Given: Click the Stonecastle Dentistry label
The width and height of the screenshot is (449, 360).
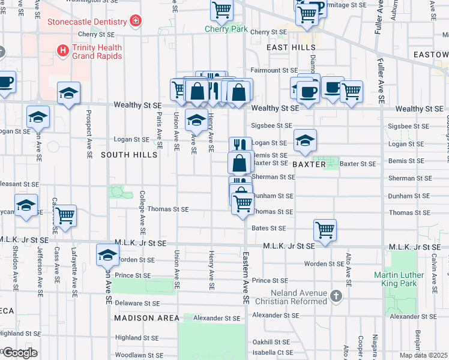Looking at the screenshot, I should click(88, 22).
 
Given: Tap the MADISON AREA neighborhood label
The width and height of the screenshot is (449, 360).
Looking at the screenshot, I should click(146, 317).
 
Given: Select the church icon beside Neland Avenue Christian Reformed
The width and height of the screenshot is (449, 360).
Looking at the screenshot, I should click(336, 296).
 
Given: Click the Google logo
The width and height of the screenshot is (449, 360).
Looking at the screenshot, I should click(20, 353).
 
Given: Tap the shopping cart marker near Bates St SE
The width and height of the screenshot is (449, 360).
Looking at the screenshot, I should click(325, 229).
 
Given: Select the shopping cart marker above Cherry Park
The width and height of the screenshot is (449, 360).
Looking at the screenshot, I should click(221, 10).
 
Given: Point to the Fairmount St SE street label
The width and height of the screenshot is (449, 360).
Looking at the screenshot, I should click(274, 70).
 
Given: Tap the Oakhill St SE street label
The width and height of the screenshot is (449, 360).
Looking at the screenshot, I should click(271, 341).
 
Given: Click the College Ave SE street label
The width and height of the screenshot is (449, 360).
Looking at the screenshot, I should click(142, 212).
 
